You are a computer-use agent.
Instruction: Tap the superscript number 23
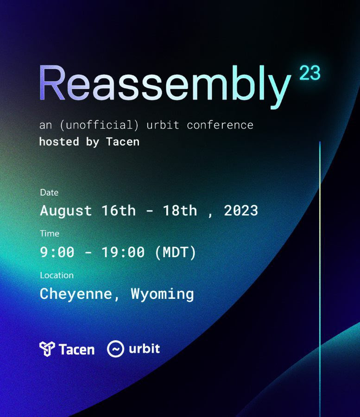[x=310, y=73]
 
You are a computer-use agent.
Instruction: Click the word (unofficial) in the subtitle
[x=99, y=125]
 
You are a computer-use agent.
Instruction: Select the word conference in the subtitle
[x=220, y=125]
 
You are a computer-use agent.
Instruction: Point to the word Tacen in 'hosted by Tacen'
[x=123, y=142]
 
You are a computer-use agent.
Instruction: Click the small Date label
[x=49, y=192]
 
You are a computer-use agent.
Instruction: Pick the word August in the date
[x=66, y=211]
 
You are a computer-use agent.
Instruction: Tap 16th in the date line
[x=119, y=210]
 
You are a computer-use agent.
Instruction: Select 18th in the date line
[x=180, y=210]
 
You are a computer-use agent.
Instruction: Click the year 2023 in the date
[x=241, y=210]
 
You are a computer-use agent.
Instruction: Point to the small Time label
[x=50, y=234]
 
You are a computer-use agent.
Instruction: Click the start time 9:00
[x=57, y=252]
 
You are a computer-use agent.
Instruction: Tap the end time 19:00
[x=123, y=252]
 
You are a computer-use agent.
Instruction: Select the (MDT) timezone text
[x=176, y=252]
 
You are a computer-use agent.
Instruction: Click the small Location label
[x=57, y=275]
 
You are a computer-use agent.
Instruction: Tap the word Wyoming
[x=163, y=294]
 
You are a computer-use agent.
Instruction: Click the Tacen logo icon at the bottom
[x=47, y=348]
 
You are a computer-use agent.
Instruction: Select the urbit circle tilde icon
[x=115, y=348]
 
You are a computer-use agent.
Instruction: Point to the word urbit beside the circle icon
[x=144, y=348]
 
